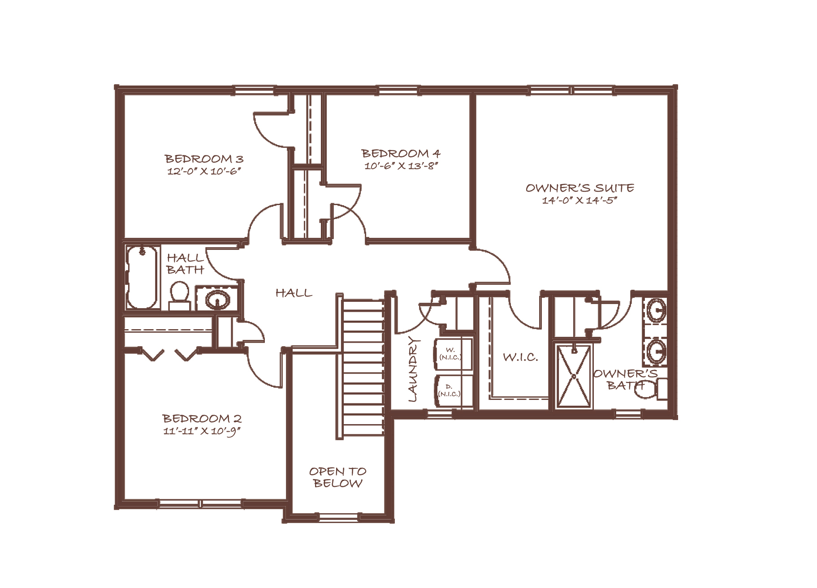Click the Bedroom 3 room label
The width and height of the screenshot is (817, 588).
click(204, 159)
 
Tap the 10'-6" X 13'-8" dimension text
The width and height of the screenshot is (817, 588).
click(401, 166)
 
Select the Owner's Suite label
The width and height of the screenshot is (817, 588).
click(580, 188)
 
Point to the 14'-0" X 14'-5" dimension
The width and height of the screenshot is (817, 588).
click(580, 201)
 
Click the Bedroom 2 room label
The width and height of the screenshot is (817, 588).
click(202, 419)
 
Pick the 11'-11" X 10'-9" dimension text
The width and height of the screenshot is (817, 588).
click(202, 432)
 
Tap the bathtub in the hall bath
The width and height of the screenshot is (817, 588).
click(143, 277)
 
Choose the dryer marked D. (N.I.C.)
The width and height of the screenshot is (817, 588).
click(453, 391)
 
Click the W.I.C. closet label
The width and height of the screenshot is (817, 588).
click(520, 357)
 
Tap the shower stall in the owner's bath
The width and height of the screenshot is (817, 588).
click(574, 376)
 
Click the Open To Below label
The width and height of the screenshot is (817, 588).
click(338, 477)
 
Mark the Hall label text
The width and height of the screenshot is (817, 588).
click(294, 293)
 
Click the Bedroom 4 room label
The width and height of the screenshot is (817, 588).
click(401, 154)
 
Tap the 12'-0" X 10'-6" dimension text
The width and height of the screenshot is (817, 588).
click(204, 172)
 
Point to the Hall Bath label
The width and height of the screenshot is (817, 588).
click(186, 264)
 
